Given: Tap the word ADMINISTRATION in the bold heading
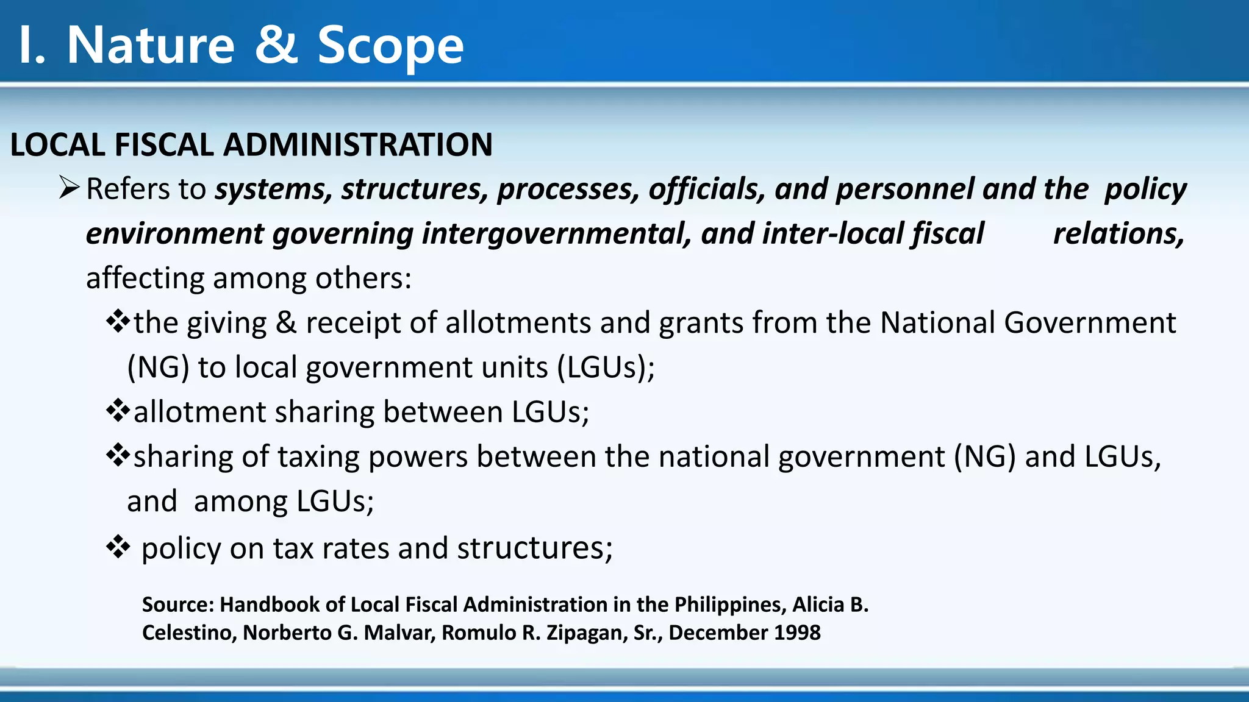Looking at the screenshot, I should pos(357,145).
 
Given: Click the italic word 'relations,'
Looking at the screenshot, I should pos(1118,234).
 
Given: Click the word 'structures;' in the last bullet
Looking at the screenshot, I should pos(535,548).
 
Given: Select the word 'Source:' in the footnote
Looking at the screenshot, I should pos(178,604).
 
